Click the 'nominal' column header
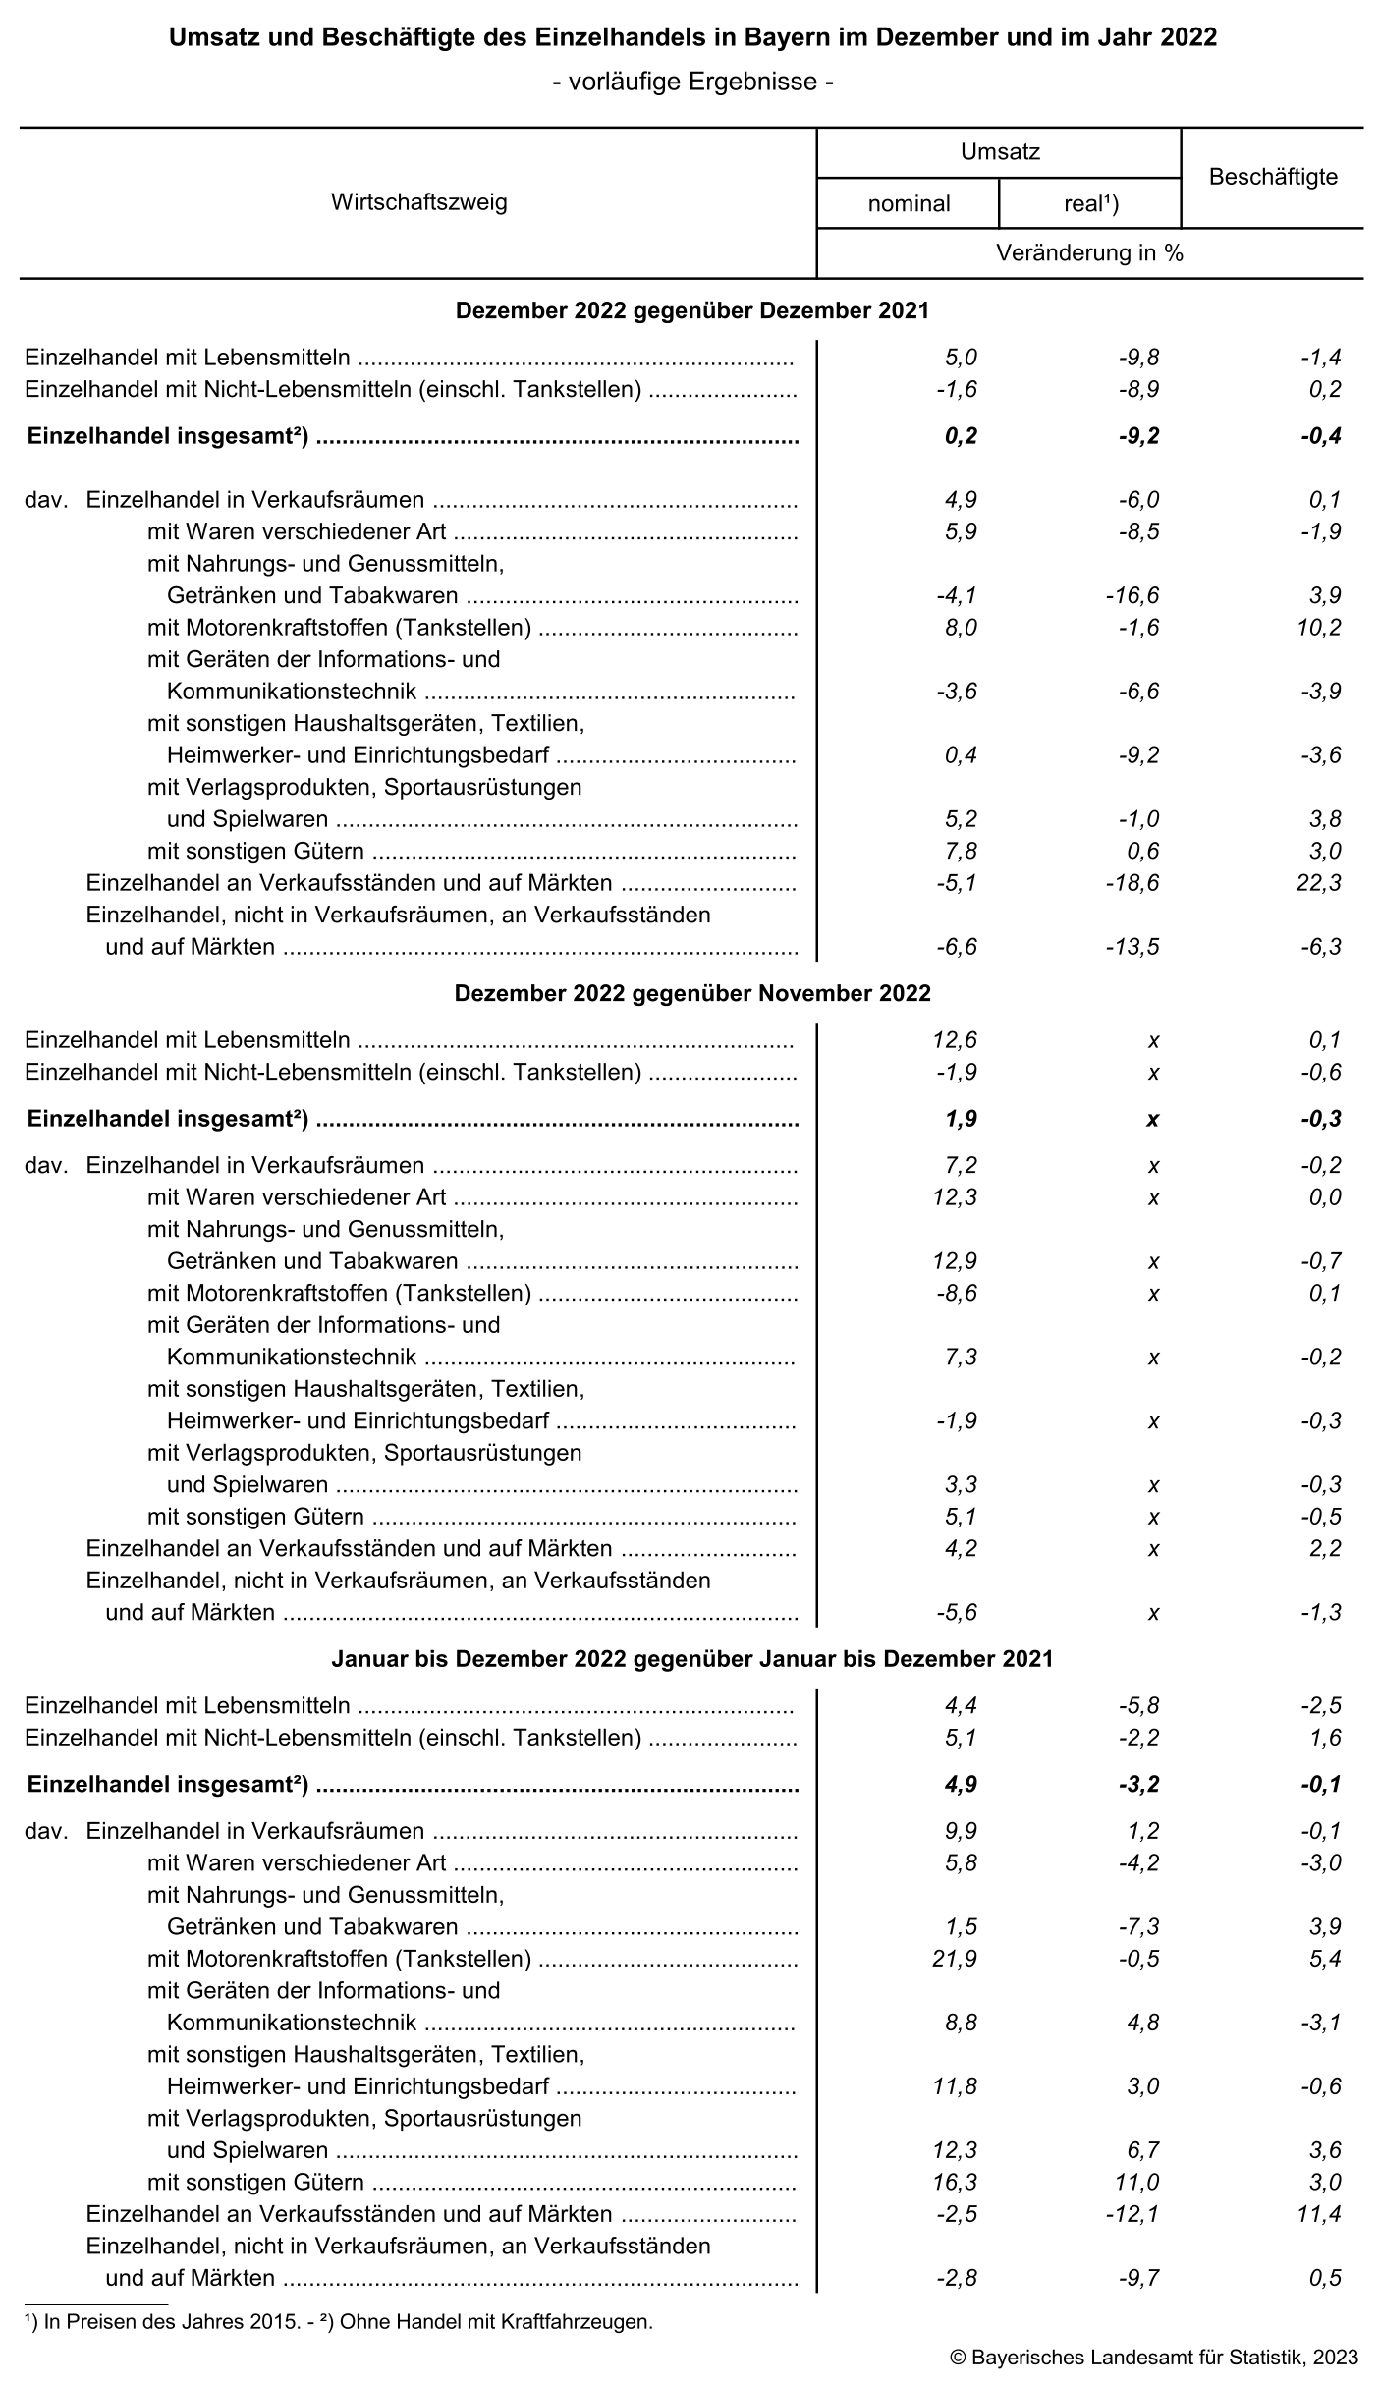coord(909,203)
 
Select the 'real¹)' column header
coord(1090,203)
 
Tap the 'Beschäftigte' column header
coord(1273,178)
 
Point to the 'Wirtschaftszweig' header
coord(418,203)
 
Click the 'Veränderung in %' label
coord(1089,253)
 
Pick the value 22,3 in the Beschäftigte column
coord(1318,883)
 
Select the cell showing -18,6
coord(1135,883)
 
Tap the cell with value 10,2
coord(1318,627)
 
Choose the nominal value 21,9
coord(954,1959)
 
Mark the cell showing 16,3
coord(954,2182)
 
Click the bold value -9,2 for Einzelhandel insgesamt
coord(1137,436)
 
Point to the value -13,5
coord(1135,947)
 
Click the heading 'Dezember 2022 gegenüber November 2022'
coord(692,993)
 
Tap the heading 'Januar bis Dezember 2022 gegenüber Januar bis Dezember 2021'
coord(692,1659)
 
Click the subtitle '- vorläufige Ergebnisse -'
coord(692,82)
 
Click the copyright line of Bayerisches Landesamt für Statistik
coord(1154,2357)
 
